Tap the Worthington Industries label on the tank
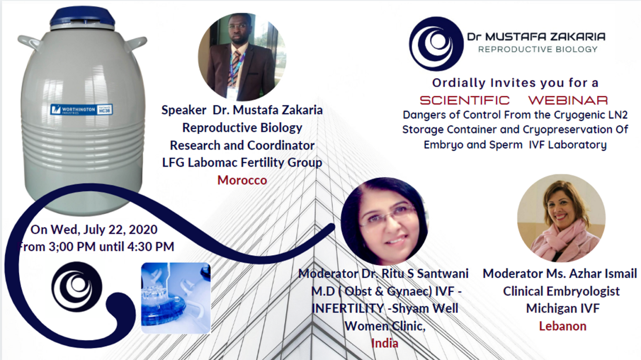81,109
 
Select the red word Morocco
242,180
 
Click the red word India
385,343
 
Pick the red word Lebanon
563,326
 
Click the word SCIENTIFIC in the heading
465,100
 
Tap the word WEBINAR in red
568,100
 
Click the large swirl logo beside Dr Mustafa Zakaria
436,43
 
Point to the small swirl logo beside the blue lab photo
77,286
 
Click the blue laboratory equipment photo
176,298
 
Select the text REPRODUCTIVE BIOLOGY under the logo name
538,49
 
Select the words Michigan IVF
563,309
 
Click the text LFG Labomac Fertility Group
242,162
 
